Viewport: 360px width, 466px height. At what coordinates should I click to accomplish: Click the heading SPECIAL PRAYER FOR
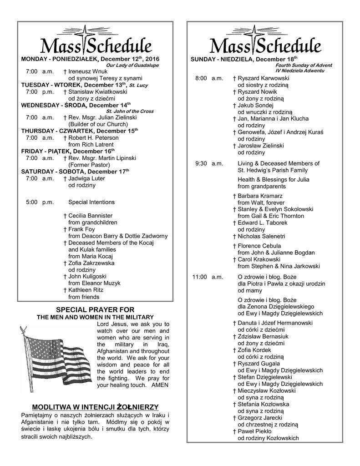[x=95, y=309]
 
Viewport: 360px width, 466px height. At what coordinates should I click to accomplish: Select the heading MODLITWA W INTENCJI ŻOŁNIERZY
[x=95, y=406]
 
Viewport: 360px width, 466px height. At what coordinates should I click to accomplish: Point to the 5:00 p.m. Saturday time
[x=40, y=202]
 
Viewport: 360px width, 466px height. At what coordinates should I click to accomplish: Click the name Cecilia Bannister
[x=90, y=216]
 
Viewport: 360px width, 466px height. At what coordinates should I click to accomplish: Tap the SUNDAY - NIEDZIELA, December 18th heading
[x=244, y=60]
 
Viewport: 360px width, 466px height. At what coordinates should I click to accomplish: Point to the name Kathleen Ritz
[x=86, y=290]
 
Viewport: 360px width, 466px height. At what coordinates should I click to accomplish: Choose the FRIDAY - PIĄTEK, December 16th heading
[x=68, y=151]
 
